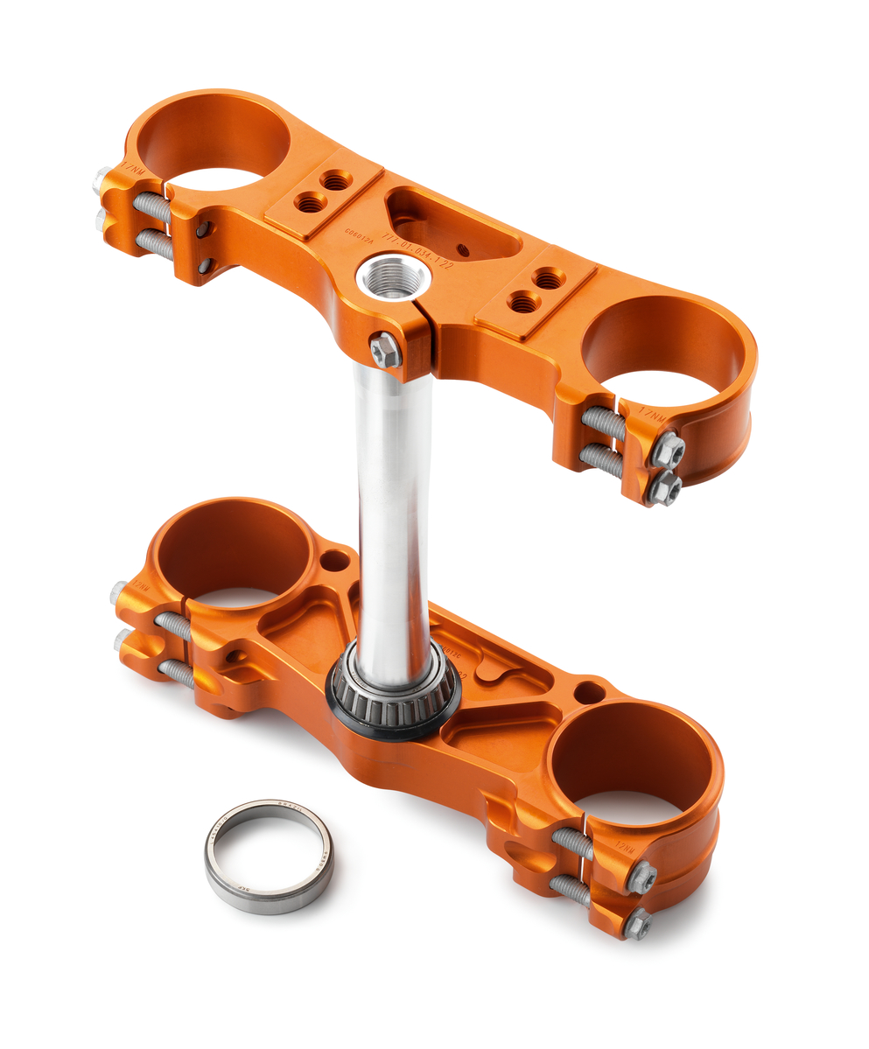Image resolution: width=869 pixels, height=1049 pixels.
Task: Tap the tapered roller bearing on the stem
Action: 394,691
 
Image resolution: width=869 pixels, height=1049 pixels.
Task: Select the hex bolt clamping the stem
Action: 385,350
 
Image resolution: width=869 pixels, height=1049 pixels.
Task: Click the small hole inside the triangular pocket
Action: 462,251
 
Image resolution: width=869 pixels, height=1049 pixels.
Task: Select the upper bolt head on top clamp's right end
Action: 668,450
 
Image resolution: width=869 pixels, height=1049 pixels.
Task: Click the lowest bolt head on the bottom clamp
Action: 637,922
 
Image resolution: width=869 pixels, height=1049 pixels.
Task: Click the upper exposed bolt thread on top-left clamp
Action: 152,207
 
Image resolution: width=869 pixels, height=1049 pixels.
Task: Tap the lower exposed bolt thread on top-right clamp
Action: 602,458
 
